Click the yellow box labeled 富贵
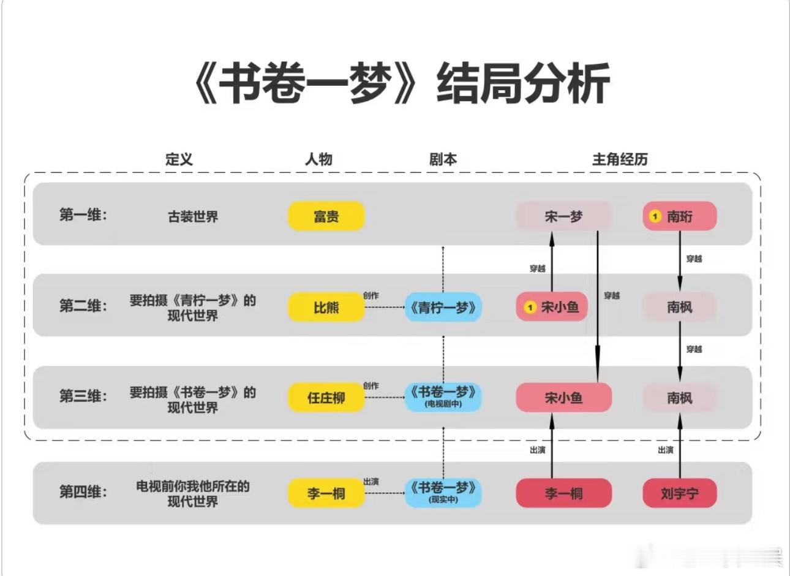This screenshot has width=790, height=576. pyautogui.click(x=326, y=216)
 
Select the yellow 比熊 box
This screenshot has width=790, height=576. pyautogui.click(x=326, y=307)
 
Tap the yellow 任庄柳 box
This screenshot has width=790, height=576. pyautogui.click(x=326, y=398)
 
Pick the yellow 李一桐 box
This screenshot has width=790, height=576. pyautogui.click(x=326, y=493)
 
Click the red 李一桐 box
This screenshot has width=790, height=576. pyautogui.click(x=563, y=493)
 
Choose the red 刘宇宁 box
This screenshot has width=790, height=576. pyautogui.click(x=680, y=493)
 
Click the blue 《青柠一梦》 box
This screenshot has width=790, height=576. pyautogui.click(x=443, y=307)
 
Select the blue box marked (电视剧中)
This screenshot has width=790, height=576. pyautogui.click(x=443, y=398)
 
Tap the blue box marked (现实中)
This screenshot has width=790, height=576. pyautogui.click(x=443, y=493)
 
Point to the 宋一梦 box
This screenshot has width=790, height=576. pyautogui.click(x=563, y=216)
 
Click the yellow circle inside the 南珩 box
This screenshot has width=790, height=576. pyautogui.click(x=655, y=216)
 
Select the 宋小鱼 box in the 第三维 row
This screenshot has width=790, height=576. pyautogui.click(x=563, y=398)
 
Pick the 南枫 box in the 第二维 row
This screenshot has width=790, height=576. pyautogui.click(x=680, y=307)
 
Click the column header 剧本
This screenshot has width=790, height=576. pyautogui.click(x=443, y=159)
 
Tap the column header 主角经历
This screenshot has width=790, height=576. pyautogui.click(x=620, y=159)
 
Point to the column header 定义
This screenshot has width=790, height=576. pyautogui.click(x=179, y=159)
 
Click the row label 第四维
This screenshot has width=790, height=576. pyautogui.click(x=83, y=491)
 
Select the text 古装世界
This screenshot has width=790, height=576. pyautogui.click(x=193, y=216)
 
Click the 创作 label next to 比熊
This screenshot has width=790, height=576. pyautogui.click(x=371, y=296)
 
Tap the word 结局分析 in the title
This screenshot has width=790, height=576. pyautogui.click(x=524, y=83)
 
